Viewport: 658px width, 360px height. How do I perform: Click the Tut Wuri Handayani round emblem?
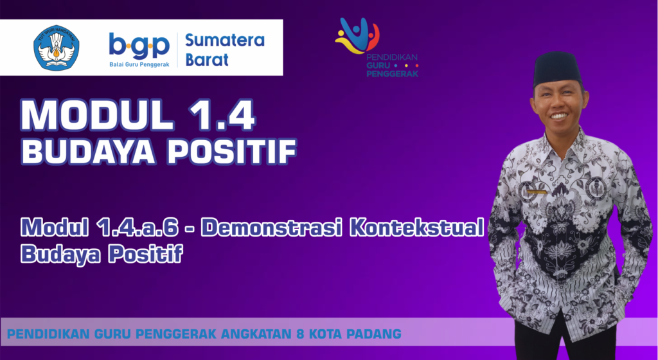(x=57, y=48)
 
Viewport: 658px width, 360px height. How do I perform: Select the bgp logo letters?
(x=139, y=46)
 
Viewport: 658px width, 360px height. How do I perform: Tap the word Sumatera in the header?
(x=225, y=40)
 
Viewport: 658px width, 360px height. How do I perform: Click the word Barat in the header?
(x=207, y=60)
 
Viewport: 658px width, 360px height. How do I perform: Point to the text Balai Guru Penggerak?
(x=139, y=65)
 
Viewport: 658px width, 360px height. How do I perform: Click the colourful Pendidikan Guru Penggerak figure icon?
(x=357, y=35)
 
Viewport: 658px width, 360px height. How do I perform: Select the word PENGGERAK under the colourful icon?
(x=393, y=73)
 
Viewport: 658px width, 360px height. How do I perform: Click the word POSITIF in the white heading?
(x=232, y=152)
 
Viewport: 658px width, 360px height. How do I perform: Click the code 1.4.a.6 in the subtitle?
(x=137, y=228)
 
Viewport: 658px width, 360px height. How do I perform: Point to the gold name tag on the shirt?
(x=537, y=192)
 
